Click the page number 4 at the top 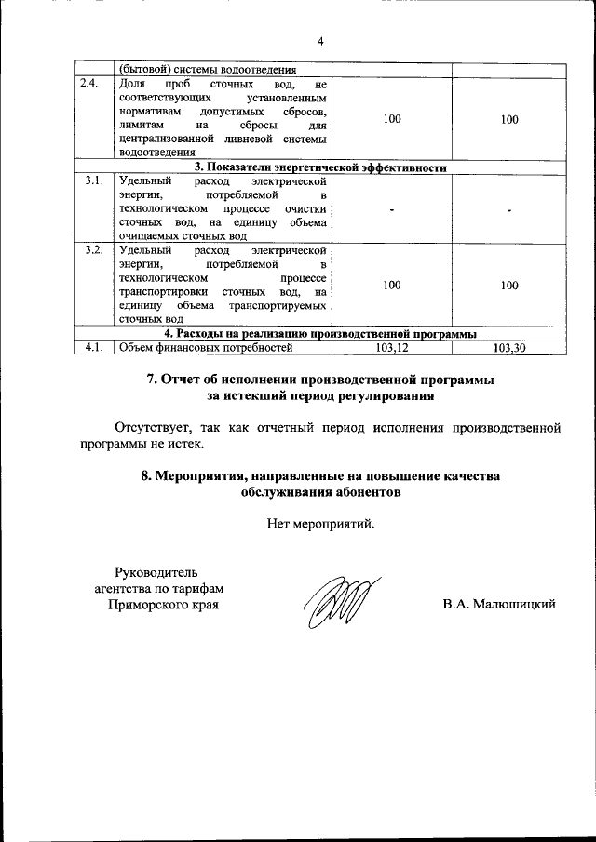320,42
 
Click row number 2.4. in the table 88,84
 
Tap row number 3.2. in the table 91,251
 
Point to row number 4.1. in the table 91,348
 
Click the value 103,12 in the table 391,348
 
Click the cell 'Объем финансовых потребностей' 206,348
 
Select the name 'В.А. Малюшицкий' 500,605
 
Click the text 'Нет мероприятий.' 320,524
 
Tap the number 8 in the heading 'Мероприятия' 145,475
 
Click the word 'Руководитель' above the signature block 156,570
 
